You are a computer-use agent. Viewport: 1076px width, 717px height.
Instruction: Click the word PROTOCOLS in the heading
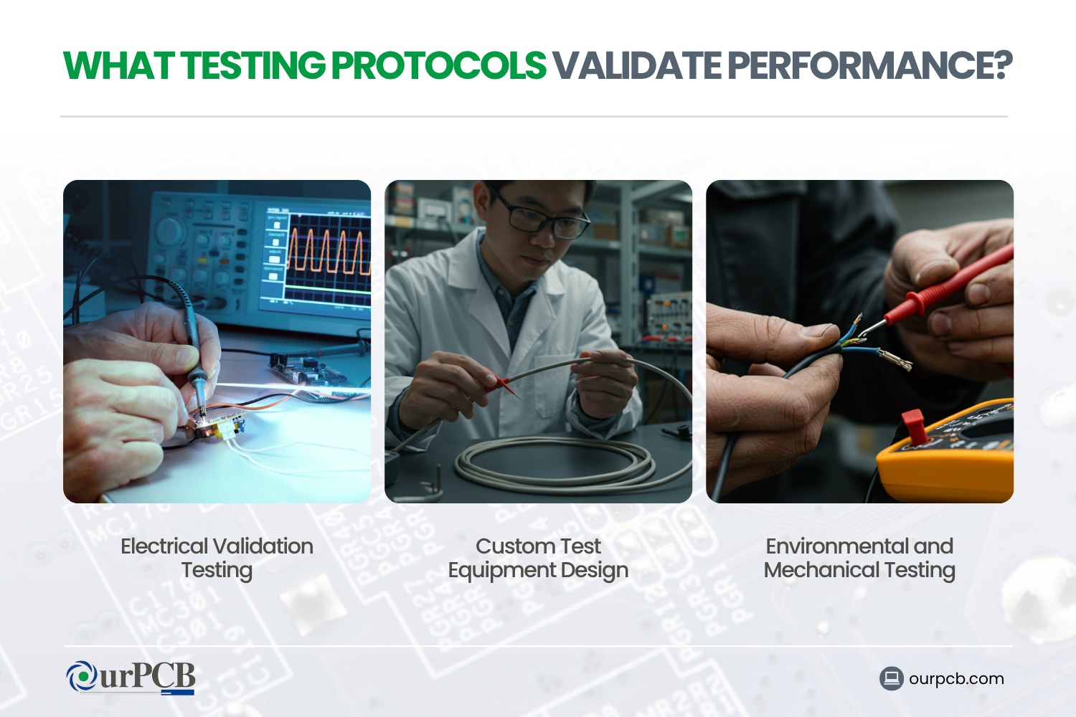pos(439,66)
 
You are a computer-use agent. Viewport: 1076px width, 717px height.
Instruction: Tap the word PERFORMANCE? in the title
pos(869,66)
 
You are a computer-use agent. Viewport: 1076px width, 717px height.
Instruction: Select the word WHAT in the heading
pos(118,66)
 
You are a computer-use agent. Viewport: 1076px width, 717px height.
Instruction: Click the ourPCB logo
pos(131,678)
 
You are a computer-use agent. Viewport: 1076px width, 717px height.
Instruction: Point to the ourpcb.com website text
pos(956,678)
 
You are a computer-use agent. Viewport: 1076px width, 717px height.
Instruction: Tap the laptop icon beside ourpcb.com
pos(892,678)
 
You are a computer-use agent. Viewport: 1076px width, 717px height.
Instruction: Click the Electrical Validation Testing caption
pos(217,558)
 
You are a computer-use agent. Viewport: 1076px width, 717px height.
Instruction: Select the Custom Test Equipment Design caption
pos(538,558)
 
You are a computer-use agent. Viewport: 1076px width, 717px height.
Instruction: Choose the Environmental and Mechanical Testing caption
pos(859,558)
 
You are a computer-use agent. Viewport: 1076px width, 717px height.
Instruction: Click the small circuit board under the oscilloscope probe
pos(215,428)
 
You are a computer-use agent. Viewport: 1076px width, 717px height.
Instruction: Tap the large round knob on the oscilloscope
pos(170,230)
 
